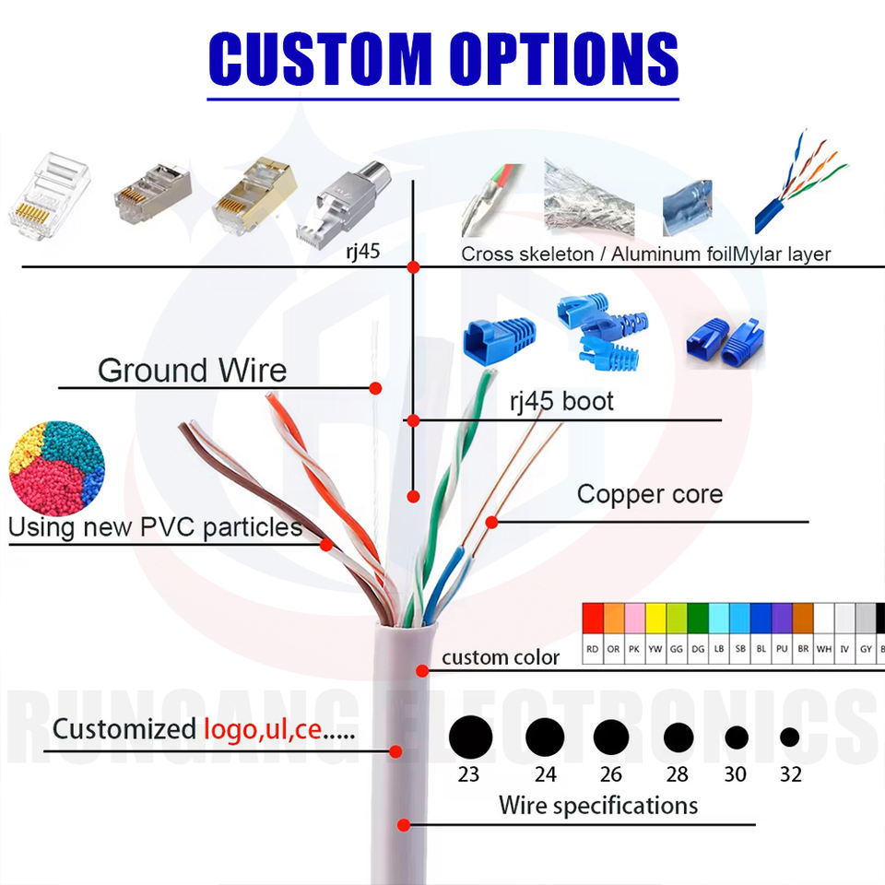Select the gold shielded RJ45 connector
pos(252,195)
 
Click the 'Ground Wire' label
pos(192,371)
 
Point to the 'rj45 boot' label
pos(561,402)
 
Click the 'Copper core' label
pos(649,494)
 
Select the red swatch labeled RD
pos(593,618)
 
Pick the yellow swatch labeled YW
pos(655,618)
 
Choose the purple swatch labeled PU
pos(782,618)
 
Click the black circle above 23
pos(470,736)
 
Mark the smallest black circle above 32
pos(789,737)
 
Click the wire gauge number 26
pos(610,774)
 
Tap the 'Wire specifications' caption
pos(598,806)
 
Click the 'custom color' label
pos(501,657)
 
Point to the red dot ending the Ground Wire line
pos(375,388)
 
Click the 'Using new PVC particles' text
pos(155,527)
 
